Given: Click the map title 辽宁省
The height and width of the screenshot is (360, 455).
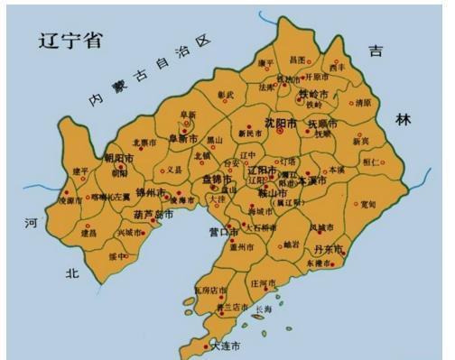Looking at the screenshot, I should click(69, 41).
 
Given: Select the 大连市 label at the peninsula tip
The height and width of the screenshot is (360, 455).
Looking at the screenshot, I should click(225, 346).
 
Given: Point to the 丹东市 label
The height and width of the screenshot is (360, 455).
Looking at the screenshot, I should click(330, 249).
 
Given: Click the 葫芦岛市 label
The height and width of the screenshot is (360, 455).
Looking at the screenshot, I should click(152, 215).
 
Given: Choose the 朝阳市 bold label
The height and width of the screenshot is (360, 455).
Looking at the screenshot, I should click(119, 158).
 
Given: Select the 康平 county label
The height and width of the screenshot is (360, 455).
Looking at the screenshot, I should click(265, 63).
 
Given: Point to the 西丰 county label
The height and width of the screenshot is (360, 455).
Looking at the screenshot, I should click(337, 67).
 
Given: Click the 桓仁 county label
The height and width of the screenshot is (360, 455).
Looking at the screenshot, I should click(371, 161).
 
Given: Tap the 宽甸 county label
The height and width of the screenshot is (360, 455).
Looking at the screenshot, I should click(367, 205).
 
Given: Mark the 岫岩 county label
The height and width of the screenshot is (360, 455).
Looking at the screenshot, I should click(291, 244).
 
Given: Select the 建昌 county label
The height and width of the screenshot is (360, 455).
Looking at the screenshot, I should click(88, 233).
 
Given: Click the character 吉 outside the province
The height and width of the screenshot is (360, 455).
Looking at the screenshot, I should click(375, 51).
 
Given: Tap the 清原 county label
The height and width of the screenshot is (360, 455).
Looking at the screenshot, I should click(363, 103).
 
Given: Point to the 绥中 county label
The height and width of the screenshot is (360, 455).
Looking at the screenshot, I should click(118, 255).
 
